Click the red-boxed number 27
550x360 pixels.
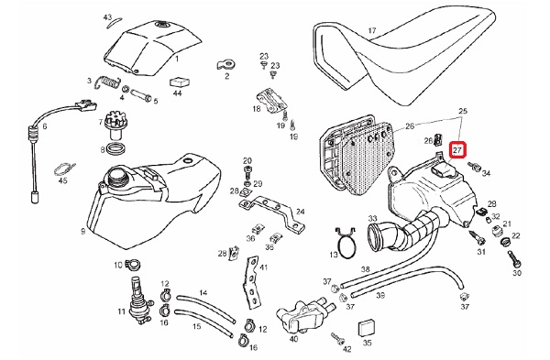pyautogui.click(x=457, y=150)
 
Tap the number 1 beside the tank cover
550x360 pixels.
pyautogui.click(x=177, y=59)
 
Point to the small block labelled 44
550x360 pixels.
pyautogui.click(x=180, y=82)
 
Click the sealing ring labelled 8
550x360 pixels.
pyautogui.click(x=115, y=148)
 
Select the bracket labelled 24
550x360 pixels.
pyautogui.click(x=272, y=213)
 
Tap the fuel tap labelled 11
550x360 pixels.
pyautogui.click(x=137, y=300)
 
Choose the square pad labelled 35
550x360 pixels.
pyautogui.click(x=365, y=329)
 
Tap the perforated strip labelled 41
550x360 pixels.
pyautogui.click(x=253, y=282)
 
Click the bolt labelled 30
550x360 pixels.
pyautogui.click(x=513, y=258)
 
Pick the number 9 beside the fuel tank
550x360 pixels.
pyautogui.click(x=83, y=232)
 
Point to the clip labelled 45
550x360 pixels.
pyautogui.click(x=64, y=169)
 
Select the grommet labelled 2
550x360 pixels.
pyautogui.click(x=225, y=64)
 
